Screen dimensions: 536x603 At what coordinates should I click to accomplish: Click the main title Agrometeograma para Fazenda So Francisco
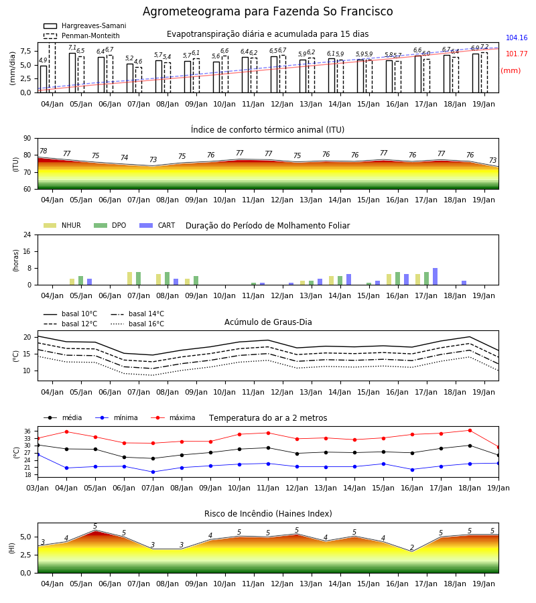(267, 11)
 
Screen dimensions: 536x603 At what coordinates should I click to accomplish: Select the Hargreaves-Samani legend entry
(84, 25)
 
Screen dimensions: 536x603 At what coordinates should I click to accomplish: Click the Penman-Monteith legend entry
(82, 36)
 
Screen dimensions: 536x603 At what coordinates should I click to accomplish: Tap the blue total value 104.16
(517, 38)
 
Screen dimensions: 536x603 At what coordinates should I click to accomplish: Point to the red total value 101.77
(517, 54)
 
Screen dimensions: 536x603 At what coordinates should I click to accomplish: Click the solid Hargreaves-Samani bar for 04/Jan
(44, 79)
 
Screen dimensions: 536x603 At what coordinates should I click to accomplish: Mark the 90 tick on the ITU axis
(27, 139)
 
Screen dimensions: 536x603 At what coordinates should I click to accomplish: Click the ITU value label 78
(43, 151)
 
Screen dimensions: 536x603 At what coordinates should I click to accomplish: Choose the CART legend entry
(157, 225)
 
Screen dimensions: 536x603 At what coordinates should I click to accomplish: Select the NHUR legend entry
(62, 225)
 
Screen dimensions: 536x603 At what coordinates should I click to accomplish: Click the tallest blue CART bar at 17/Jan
(435, 277)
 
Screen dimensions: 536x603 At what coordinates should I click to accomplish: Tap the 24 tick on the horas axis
(27, 235)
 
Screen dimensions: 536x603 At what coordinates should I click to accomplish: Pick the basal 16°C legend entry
(137, 324)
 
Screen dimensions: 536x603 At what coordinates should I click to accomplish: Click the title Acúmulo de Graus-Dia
(268, 322)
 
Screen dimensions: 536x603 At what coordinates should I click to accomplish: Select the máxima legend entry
(173, 417)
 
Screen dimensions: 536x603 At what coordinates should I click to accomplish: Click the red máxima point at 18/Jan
(470, 430)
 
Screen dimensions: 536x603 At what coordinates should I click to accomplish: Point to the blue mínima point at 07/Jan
(153, 472)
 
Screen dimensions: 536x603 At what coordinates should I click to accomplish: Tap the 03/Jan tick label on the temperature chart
(38, 488)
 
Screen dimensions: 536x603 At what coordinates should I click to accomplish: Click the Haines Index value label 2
(412, 547)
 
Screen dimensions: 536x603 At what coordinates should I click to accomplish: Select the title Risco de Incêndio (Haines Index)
(268, 514)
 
